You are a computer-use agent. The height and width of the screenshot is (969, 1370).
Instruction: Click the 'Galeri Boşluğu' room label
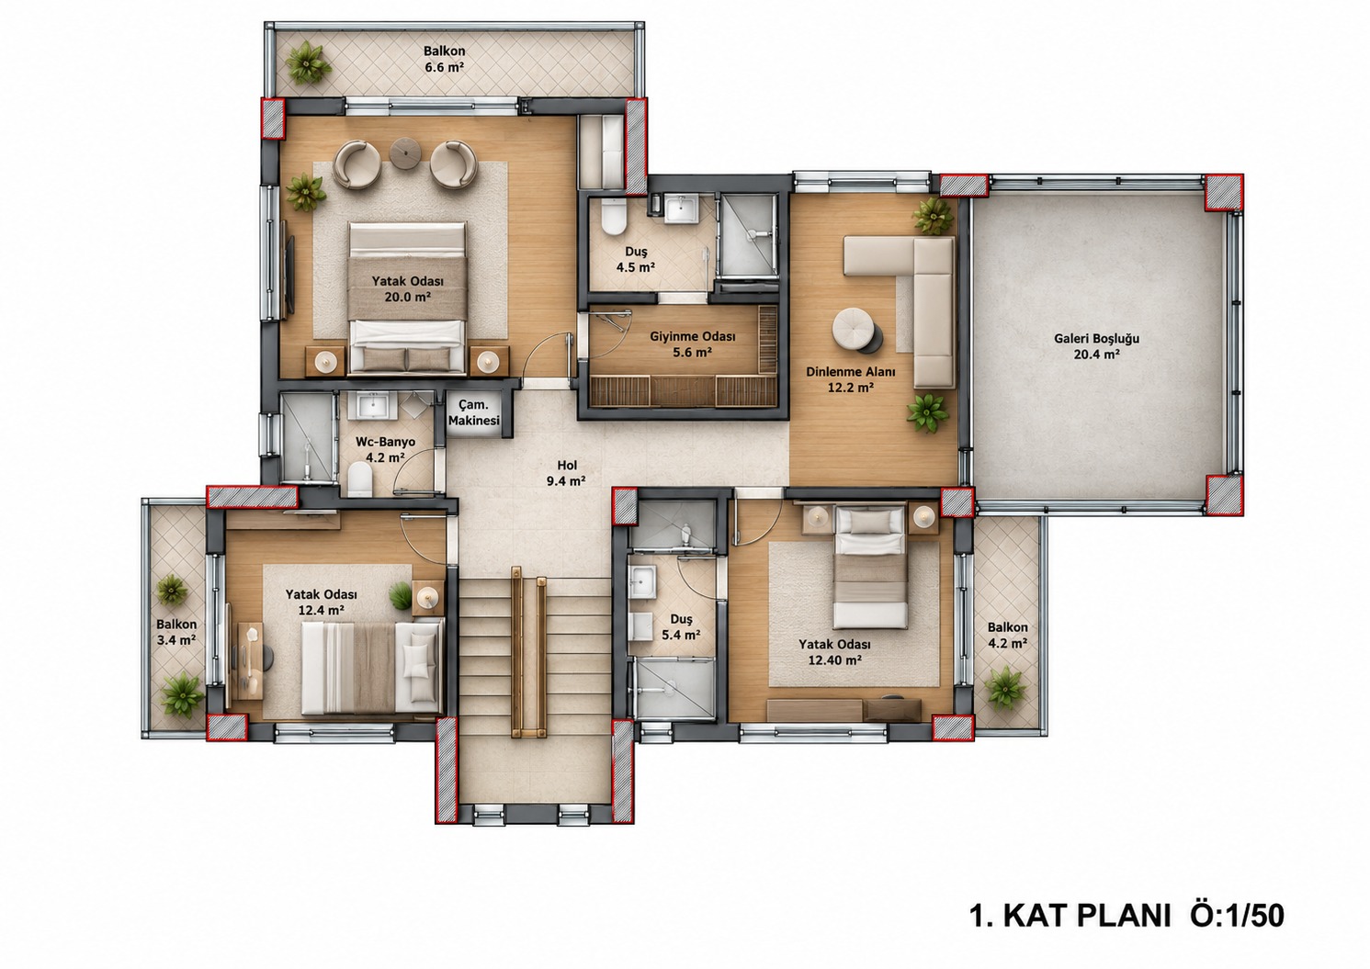click(x=1096, y=338)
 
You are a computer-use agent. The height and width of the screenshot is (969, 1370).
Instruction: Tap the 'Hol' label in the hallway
click(x=567, y=466)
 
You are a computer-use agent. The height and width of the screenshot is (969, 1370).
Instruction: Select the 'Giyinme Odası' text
click(x=692, y=336)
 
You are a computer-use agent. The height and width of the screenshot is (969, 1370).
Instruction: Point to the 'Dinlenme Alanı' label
click(x=850, y=372)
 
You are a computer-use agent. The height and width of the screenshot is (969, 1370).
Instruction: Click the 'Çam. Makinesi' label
click(x=474, y=412)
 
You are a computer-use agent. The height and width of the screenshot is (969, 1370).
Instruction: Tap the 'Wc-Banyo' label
click(x=385, y=442)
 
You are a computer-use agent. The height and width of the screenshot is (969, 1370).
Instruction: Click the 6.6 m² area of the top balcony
click(x=445, y=67)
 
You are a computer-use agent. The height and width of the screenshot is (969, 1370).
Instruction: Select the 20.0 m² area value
click(x=408, y=297)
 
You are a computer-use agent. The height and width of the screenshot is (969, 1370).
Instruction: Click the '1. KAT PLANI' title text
click(x=1070, y=915)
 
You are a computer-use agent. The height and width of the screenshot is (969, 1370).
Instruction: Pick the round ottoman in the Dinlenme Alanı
click(x=855, y=329)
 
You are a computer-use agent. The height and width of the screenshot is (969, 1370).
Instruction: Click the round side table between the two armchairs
click(x=404, y=152)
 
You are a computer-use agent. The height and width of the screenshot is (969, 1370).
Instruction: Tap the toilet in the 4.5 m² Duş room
click(x=613, y=218)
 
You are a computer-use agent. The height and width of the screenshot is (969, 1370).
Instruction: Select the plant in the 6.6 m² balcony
click(x=308, y=62)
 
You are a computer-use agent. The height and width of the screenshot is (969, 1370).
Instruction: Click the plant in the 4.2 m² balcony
click(x=1005, y=688)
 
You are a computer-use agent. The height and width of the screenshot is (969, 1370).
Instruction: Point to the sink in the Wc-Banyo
click(x=368, y=405)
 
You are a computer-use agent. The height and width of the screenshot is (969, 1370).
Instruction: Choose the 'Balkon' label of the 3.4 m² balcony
click(x=176, y=625)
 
